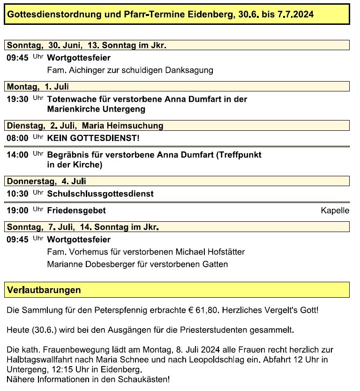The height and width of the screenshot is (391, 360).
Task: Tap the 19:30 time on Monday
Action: (x=17, y=99)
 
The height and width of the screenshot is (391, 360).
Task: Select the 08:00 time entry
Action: (x=17, y=138)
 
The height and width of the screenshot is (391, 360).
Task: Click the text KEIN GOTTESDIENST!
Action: (x=93, y=138)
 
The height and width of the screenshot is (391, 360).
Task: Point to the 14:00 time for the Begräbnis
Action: (x=17, y=155)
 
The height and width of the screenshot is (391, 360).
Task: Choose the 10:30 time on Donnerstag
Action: (x=17, y=194)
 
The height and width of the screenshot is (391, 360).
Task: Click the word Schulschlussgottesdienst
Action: (x=100, y=194)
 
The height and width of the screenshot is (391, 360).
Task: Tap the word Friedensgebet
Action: (x=76, y=211)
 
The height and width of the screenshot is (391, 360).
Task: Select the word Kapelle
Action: (x=335, y=211)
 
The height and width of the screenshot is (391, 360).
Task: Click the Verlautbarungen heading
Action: (x=44, y=290)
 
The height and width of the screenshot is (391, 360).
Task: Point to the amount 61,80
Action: (x=209, y=310)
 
